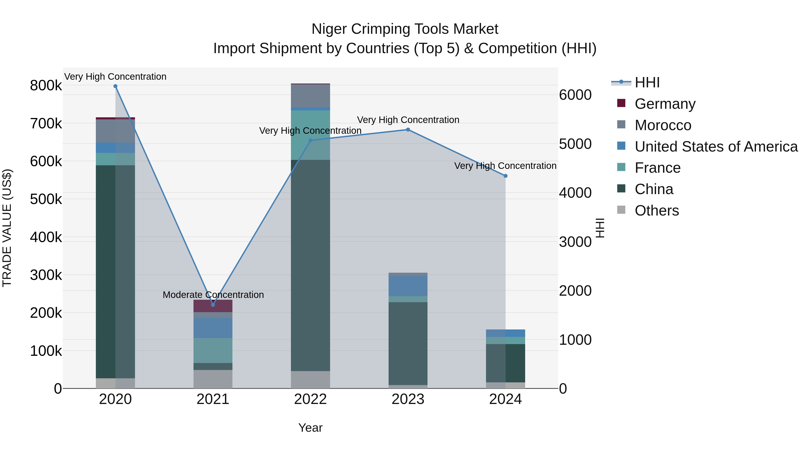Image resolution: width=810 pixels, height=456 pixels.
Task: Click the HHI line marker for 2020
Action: [x=115, y=86]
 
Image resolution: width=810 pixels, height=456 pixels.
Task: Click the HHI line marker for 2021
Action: [x=213, y=305]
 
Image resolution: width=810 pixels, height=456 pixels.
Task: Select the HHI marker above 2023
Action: [x=408, y=130]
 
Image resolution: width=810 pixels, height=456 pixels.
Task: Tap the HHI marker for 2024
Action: [x=505, y=176]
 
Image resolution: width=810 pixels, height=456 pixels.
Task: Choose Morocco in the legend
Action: [x=663, y=125]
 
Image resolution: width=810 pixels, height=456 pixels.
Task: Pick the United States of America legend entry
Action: [x=716, y=147]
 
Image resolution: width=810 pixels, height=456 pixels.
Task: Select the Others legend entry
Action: [x=657, y=211]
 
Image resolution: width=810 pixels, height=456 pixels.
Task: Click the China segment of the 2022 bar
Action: [x=310, y=265]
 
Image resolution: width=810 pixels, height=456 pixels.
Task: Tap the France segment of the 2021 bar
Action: [x=213, y=350]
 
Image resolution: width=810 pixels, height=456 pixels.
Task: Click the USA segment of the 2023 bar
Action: [x=408, y=286]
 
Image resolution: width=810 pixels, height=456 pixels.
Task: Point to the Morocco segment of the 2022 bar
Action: [x=310, y=96]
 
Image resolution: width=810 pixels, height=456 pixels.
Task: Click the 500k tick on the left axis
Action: [x=46, y=199]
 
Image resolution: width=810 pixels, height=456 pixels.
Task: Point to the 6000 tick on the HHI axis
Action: [x=575, y=95]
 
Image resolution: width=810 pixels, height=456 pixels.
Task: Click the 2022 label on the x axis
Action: [x=310, y=399]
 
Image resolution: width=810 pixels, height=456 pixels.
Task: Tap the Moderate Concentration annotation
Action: [x=213, y=295]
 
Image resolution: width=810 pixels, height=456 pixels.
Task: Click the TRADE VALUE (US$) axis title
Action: [x=7, y=228]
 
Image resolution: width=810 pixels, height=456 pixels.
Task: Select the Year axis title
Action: [x=310, y=428]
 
